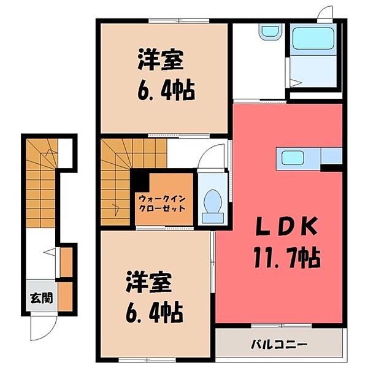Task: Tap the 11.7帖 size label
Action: (x=286, y=258)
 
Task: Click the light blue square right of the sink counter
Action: (x=332, y=156)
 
